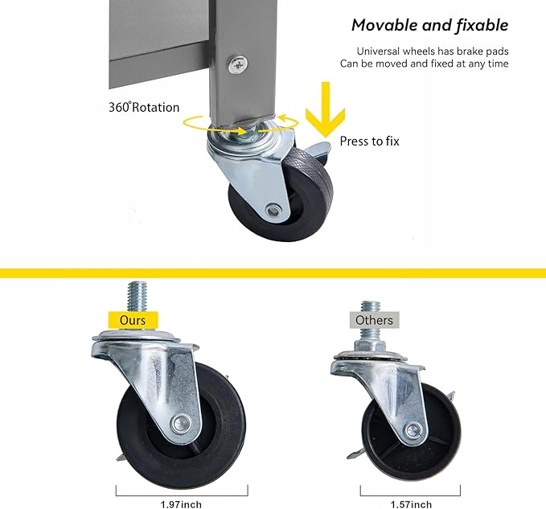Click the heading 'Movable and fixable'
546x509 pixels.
[x=429, y=26]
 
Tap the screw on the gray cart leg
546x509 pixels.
[x=238, y=64]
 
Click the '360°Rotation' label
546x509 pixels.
[x=144, y=107]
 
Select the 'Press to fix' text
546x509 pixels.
[x=369, y=142]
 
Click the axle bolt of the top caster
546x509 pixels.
[x=273, y=211]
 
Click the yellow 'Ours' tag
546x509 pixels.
[x=133, y=320]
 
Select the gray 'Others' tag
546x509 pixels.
[x=375, y=320]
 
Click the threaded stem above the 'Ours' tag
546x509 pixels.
[x=137, y=296]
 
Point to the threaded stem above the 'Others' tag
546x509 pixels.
[x=371, y=306]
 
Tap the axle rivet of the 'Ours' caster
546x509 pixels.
[x=181, y=424]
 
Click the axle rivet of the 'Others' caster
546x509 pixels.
[x=413, y=430]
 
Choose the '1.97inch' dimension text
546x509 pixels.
[x=181, y=504]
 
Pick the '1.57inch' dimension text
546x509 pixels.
[x=411, y=504]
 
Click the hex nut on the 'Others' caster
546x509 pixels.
[x=370, y=347]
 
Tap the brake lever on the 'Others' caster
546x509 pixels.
[x=356, y=454]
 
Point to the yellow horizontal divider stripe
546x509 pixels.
[x=273, y=273]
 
